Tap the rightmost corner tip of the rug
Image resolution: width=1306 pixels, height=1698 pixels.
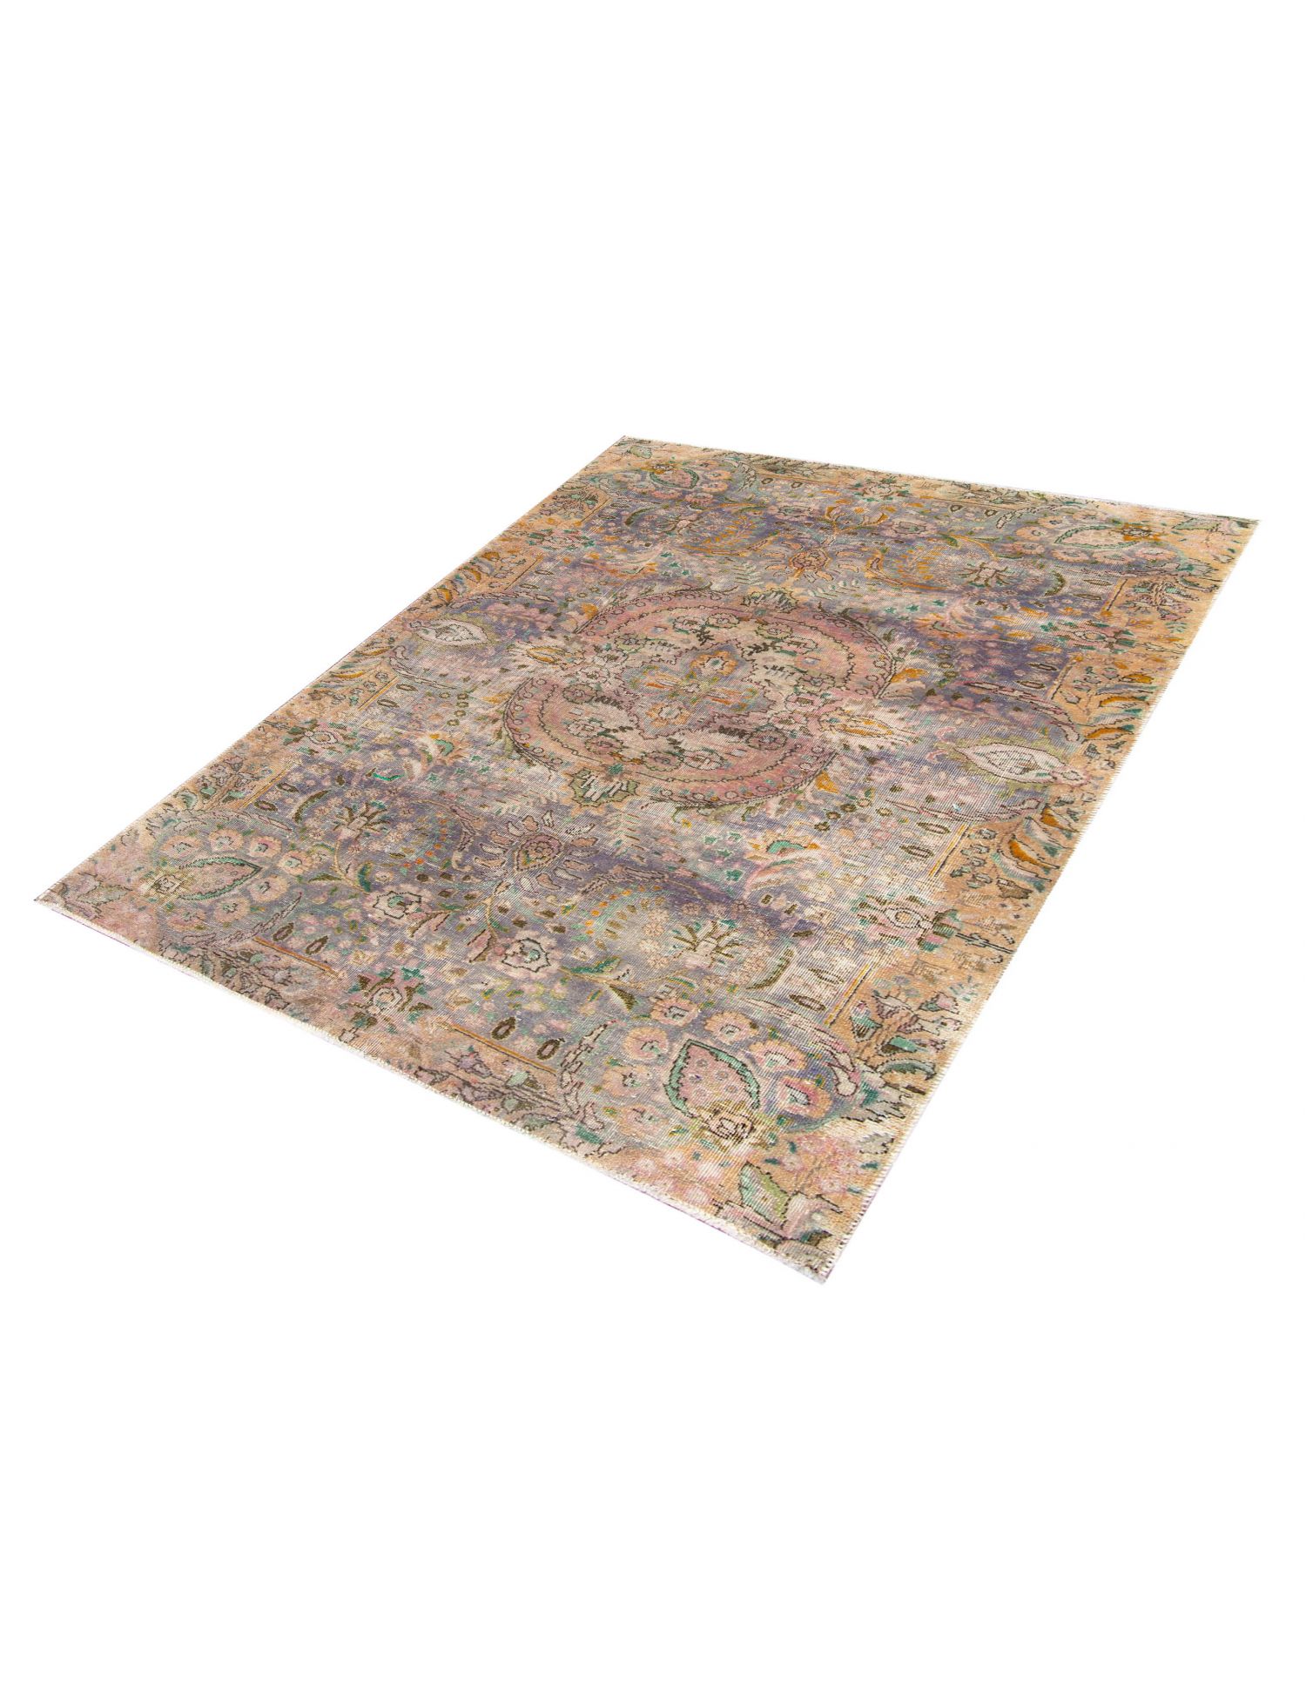1256,521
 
